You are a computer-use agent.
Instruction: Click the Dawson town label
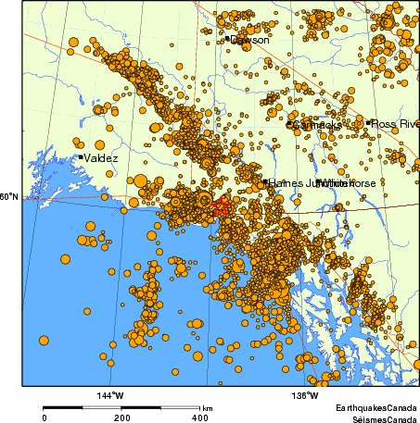pos(250,40)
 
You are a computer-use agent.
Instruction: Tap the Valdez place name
pos(101,158)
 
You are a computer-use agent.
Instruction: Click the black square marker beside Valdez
pos(81,157)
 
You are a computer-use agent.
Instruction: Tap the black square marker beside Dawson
pos(226,39)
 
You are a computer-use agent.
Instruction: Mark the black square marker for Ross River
pos(369,122)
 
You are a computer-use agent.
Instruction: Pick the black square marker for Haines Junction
pos(264,182)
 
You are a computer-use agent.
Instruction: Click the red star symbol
pos(221,208)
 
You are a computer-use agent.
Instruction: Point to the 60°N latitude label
pos(8,196)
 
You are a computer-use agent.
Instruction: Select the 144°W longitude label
pos(109,396)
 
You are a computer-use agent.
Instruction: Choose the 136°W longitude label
pos(305,396)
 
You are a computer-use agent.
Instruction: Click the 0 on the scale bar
pos(45,417)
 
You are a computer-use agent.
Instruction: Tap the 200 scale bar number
pos(122,417)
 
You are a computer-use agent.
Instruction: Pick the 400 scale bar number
pos(199,417)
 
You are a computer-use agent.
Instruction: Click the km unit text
pos(208,408)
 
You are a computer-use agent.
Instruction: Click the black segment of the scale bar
pos(64,407)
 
